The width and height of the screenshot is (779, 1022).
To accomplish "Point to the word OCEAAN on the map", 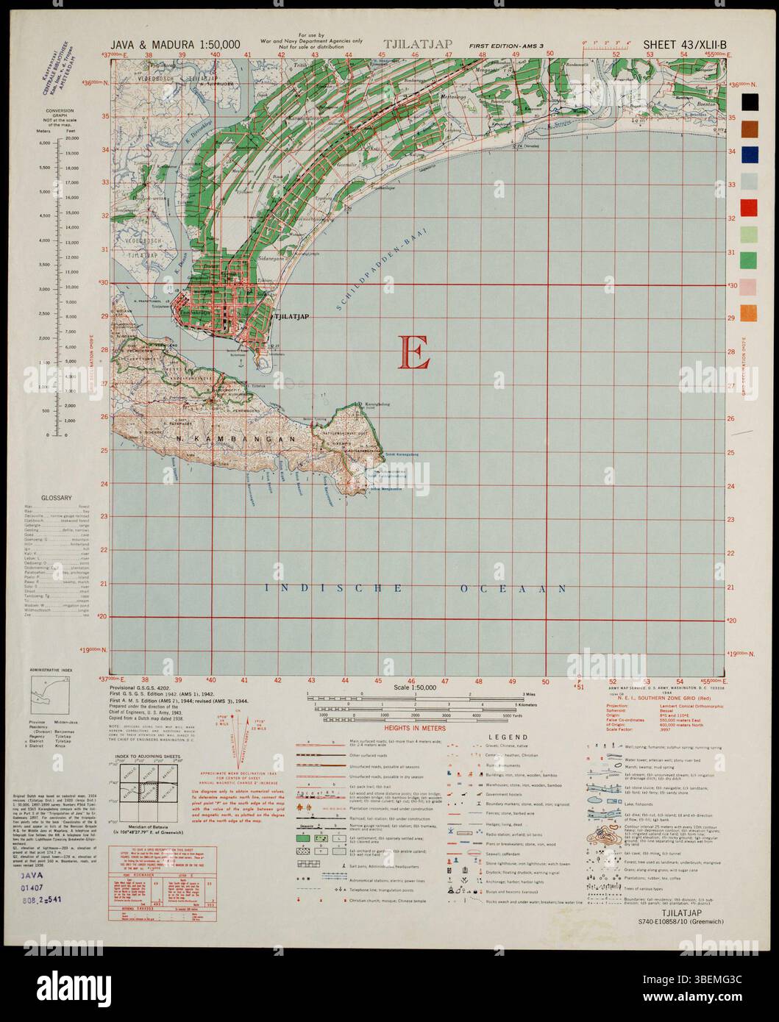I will pos(511,588).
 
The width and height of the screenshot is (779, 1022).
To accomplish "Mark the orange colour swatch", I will pos(750,311).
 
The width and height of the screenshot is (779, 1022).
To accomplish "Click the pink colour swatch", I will pos(750,285).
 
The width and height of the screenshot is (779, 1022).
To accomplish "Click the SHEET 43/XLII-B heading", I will pos(685,45).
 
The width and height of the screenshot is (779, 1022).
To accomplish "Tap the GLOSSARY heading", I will pos(57,498).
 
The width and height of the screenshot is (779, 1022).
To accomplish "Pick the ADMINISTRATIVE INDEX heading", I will pos(52,671).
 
